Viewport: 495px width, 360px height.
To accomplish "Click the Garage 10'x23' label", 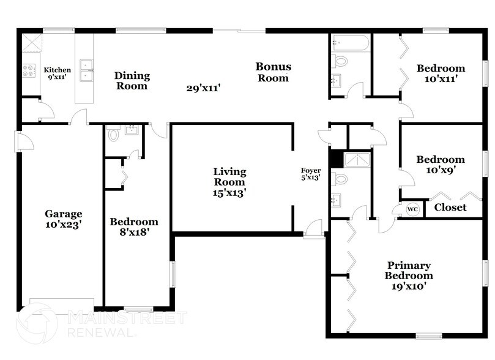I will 63,219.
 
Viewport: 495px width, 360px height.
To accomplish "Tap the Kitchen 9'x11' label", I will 57,73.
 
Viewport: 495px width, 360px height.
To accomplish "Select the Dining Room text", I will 132,81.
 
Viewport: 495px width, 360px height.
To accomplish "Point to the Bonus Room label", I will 273,72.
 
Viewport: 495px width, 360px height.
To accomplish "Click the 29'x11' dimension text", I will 203,88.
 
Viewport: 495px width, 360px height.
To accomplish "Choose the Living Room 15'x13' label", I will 229,182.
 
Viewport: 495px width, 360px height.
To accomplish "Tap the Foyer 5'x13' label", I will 310,174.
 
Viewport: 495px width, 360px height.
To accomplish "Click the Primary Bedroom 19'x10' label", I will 408,275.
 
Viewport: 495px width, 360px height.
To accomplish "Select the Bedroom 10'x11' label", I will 441,73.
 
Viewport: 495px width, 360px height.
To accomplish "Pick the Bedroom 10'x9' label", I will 441,165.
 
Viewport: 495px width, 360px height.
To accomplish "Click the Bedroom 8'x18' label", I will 133,227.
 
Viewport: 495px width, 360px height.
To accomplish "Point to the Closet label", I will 450,208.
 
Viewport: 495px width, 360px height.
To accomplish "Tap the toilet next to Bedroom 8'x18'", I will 113,134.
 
